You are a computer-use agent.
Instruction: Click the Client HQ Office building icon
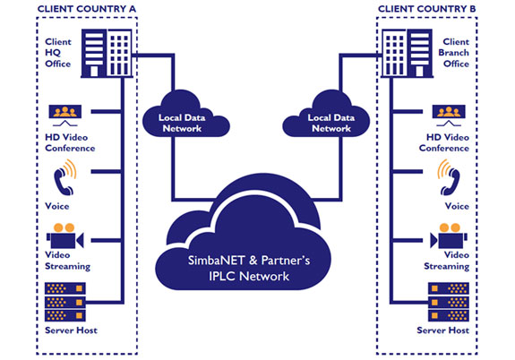click(x=107, y=53)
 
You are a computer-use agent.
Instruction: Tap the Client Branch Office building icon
click(x=407, y=53)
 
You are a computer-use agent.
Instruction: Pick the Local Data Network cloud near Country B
click(x=326, y=115)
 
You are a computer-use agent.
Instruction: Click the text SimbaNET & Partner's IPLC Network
click(x=249, y=268)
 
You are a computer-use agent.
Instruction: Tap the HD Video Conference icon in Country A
click(x=65, y=116)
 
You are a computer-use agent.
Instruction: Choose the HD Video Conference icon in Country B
click(x=449, y=116)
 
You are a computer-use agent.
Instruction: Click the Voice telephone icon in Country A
click(x=65, y=177)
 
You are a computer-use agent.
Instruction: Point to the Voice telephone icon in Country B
click(x=449, y=177)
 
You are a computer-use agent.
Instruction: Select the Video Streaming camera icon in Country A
click(x=65, y=236)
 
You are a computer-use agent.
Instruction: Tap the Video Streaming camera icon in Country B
click(x=449, y=236)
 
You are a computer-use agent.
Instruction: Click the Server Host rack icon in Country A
click(x=65, y=302)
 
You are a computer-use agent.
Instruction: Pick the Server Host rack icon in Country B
click(x=449, y=302)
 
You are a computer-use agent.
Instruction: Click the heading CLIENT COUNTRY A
click(x=86, y=9)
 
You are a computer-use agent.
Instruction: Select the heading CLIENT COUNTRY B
click(x=426, y=9)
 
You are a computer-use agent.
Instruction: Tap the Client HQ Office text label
click(x=58, y=53)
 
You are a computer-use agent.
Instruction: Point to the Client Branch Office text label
click(x=453, y=53)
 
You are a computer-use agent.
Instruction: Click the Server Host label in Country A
click(x=71, y=330)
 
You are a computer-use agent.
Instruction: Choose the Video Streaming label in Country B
click(x=446, y=261)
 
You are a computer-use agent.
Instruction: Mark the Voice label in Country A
click(x=56, y=206)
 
